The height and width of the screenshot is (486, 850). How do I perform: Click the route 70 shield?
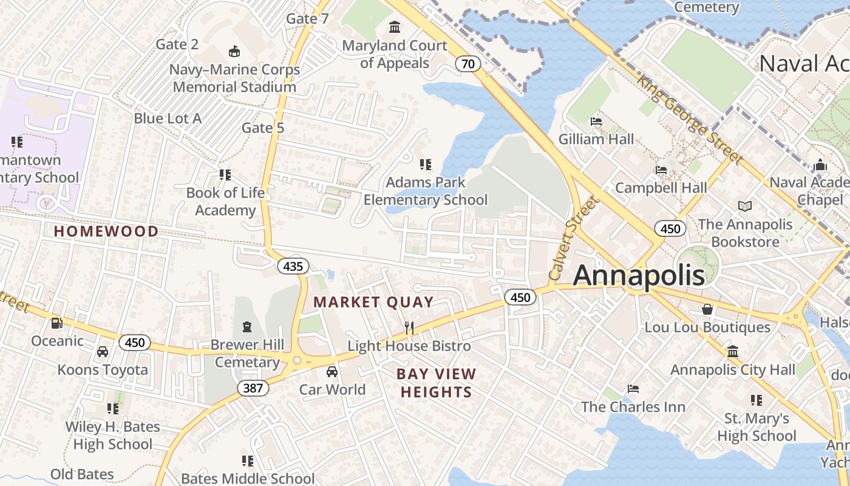coord(468,63)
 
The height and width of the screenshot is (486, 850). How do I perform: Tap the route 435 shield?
coord(293,266)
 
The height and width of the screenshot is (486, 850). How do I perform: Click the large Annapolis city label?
coord(639,276)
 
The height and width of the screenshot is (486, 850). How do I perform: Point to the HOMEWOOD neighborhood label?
coord(106,231)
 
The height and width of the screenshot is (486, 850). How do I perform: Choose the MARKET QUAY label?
coord(373,302)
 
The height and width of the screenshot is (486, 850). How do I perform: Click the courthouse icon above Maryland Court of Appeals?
coord(395,27)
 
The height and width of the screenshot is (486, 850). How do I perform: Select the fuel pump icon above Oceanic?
coord(57,323)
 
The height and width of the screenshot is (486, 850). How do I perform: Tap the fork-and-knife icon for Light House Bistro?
coord(409,328)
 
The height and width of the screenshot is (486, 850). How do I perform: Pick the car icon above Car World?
coord(332,371)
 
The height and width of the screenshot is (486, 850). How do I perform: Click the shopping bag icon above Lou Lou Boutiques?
coord(707,309)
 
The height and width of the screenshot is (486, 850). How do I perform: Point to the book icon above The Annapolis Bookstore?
coord(745,206)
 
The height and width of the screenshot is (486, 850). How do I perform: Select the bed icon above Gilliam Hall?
coord(596,121)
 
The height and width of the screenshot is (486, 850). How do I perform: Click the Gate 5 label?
coord(263,128)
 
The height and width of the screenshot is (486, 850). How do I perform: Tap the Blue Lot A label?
coord(168,118)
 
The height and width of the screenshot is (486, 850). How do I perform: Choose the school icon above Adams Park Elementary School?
coord(426,164)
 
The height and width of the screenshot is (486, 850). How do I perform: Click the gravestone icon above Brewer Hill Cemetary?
coord(247,327)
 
